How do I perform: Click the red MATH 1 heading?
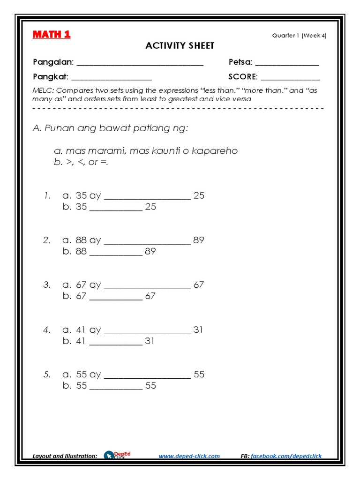coord(52,35)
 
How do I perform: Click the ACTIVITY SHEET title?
coord(180,45)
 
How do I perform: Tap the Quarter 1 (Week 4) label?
coord(299,36)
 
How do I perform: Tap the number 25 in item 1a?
coord(199,195)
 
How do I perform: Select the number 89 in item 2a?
coord(199,240)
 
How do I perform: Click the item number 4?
coord(46,330)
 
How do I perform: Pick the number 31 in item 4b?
coord(150,341)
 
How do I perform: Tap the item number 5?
coord(46,375)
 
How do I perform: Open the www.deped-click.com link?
coord(189,456)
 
